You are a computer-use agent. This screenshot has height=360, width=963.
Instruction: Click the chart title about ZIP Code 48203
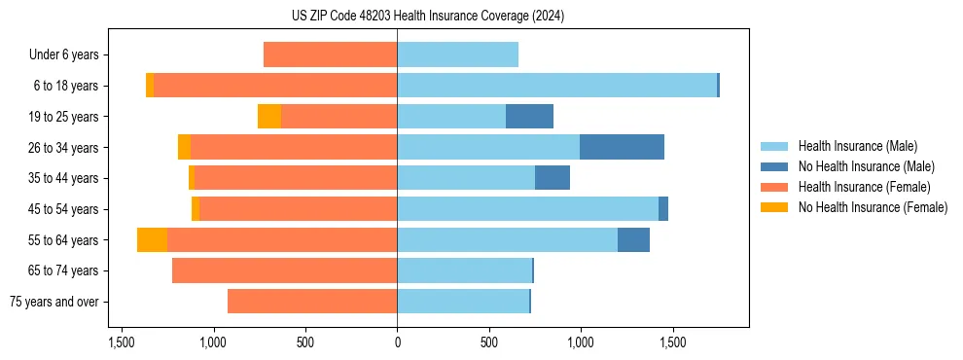481,16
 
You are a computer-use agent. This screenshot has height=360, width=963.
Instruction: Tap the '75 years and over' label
54,302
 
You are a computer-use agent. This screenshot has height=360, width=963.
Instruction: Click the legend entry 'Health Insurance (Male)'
857,146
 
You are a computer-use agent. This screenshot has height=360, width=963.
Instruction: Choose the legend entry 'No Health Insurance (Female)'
873,207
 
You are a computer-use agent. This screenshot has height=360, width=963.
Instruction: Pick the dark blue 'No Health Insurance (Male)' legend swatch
774,166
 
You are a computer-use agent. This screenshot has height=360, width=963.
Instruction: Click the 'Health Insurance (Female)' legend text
864,187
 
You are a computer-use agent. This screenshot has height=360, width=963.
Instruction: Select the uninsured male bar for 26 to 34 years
622,147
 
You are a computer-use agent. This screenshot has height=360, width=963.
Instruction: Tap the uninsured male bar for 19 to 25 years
529,117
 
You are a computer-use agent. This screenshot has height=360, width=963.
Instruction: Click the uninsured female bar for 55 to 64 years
152,240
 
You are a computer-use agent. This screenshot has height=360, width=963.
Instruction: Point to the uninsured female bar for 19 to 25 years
269,117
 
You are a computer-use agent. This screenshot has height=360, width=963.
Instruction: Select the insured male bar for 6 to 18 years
556,86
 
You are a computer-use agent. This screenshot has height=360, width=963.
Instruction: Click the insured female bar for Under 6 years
330,54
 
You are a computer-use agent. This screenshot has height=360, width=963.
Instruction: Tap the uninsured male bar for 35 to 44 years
552,178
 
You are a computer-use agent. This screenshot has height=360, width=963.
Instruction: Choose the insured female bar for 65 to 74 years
284,270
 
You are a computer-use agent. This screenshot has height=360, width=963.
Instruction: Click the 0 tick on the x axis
397,342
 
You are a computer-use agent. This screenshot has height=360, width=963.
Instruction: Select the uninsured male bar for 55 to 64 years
633,240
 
